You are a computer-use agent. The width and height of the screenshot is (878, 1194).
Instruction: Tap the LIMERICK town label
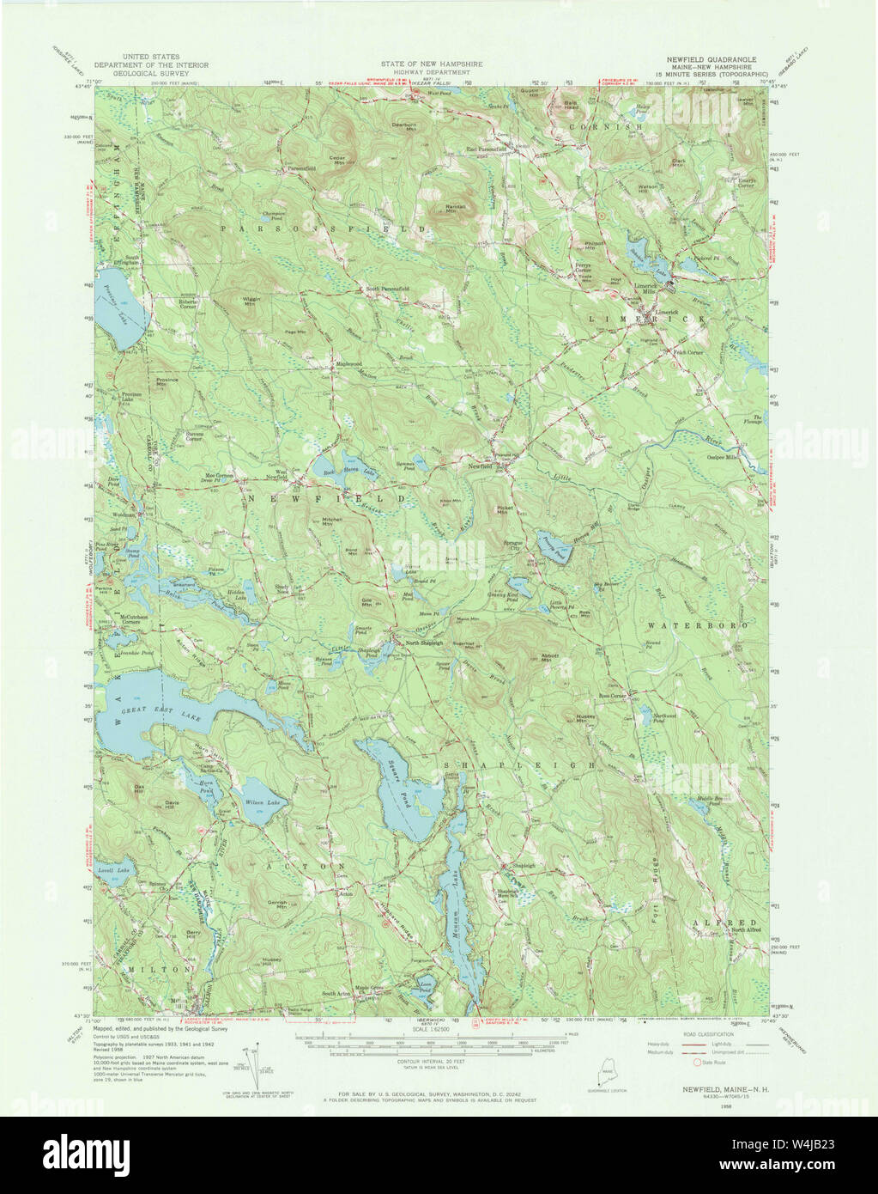pyautogui.click(x=648, y=319)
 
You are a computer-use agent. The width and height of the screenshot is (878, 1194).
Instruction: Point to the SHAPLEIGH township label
pyautogui.click(x=519, y=764)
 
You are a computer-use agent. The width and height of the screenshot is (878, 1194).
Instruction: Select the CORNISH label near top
pyautogui.click(x=615, y=126)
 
